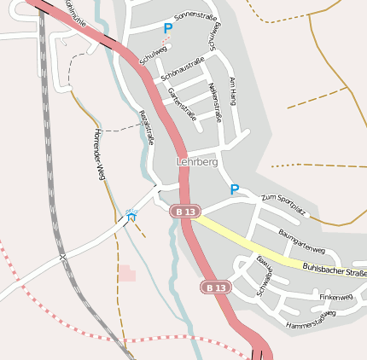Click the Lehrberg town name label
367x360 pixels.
[x=196, y=161]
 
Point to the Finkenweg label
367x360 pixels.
[x=335, y=297]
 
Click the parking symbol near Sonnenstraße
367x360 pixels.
[x=168, y=28]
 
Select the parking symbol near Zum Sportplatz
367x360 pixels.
[x=234, y=189]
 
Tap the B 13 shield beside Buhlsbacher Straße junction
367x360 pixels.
[x=184, y=211]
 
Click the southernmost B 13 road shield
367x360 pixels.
[x=216, y=287]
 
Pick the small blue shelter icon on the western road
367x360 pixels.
[x=131, y=218]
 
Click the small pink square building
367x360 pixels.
[x=126, y=273]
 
